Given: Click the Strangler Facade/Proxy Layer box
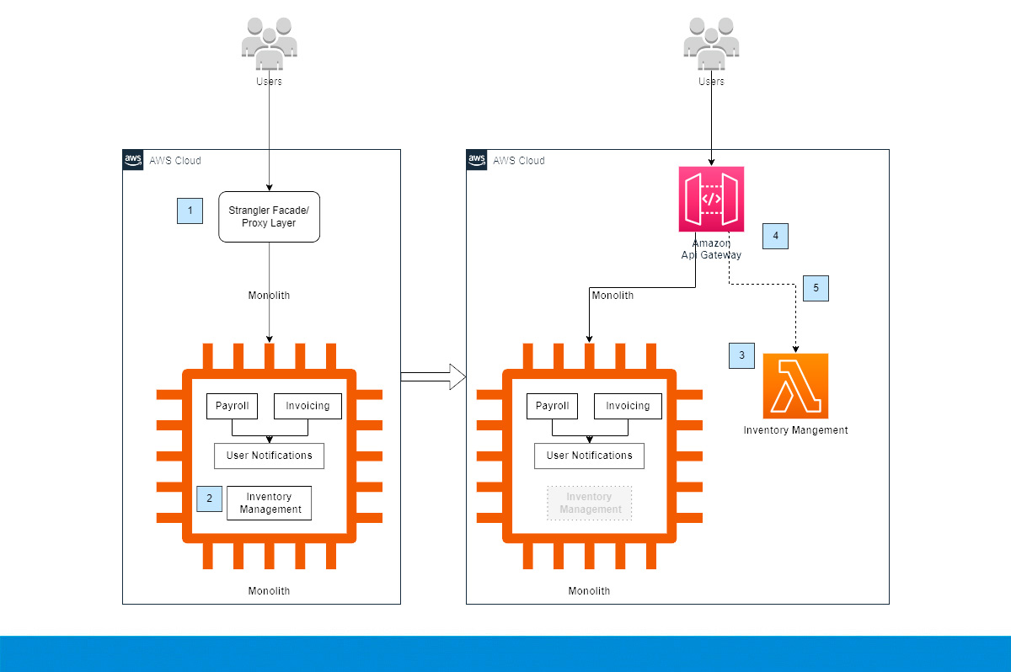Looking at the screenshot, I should coord(269,216).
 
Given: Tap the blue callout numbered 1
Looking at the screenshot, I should coord(190,211).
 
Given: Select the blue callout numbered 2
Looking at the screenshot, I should coord(209,499).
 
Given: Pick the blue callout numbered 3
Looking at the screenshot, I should coord(741,355).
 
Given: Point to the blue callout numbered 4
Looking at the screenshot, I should coord(775,236).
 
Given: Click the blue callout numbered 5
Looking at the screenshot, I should coord(816,288).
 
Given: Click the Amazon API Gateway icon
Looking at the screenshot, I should coord(711,199).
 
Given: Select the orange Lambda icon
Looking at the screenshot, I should coord(795,386).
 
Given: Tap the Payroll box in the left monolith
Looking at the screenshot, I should coord(232,406).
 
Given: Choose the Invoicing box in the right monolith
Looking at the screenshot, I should coord(628,406).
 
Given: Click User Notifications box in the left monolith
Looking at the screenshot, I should coord(269,456).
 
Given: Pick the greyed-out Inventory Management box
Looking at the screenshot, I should coord(589,503).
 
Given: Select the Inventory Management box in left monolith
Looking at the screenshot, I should coord(270,503).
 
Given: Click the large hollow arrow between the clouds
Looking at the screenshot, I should coord(433,376).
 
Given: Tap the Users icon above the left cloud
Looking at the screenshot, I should coord(269,44).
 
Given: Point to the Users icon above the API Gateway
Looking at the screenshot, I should coord(711,44).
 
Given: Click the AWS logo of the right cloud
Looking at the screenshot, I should coord(477,160).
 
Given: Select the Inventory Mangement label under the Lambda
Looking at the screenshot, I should coord(795,430).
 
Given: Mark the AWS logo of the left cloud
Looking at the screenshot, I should coord(133,160).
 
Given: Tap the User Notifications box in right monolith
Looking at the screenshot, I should coord(589,456).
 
